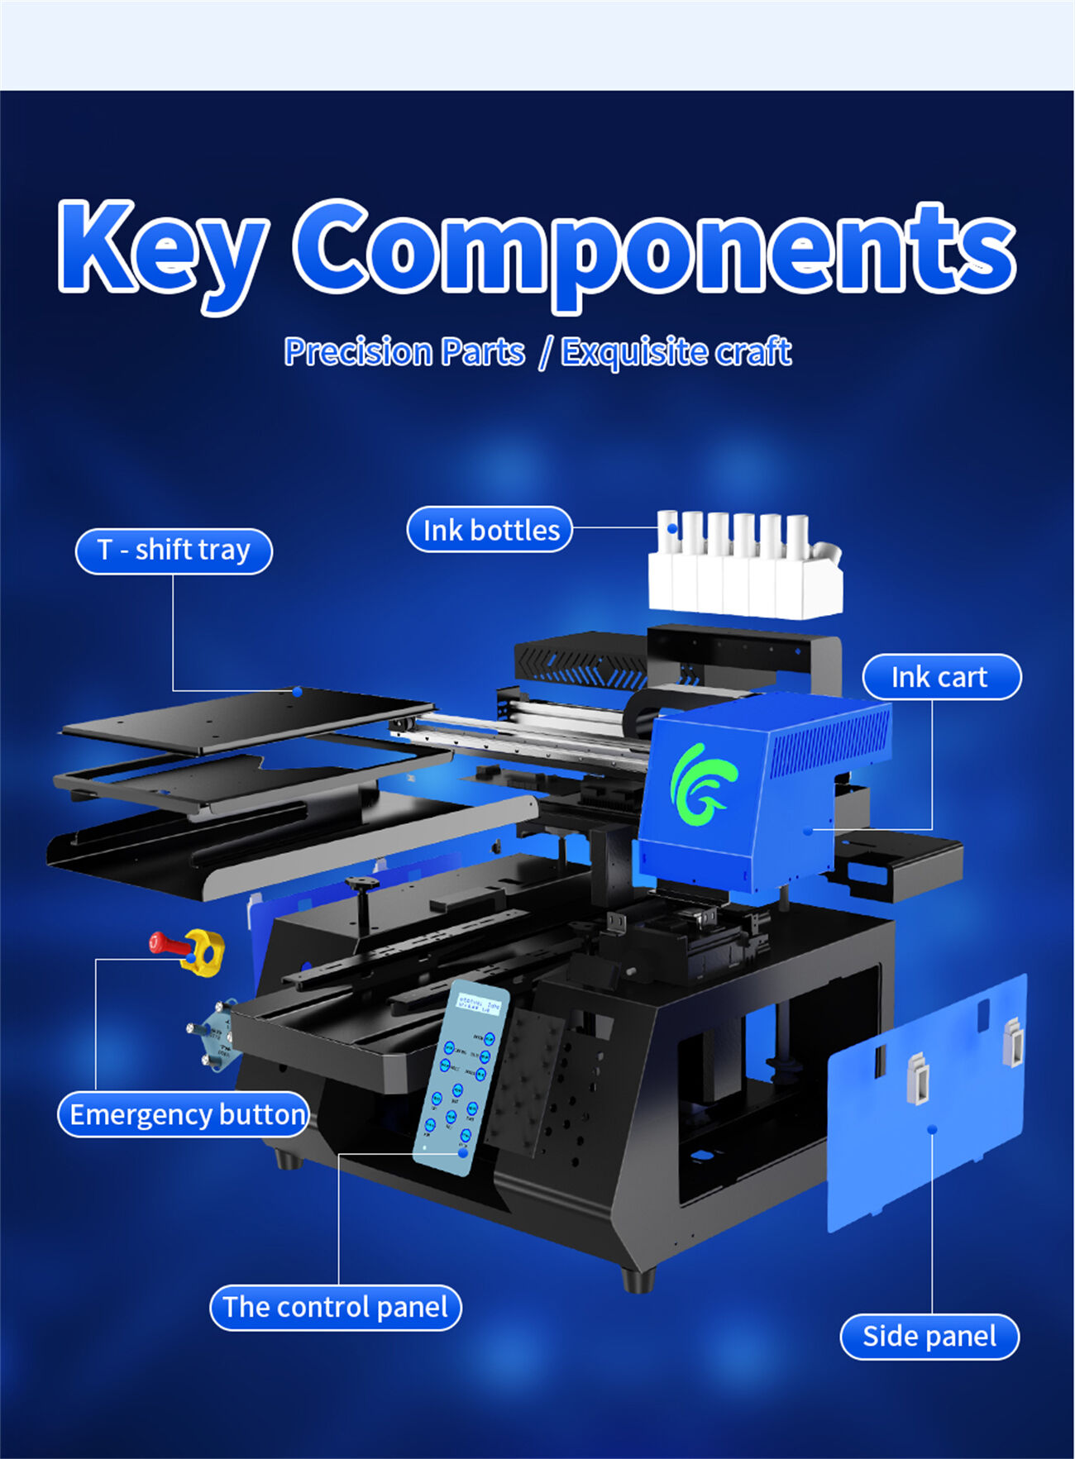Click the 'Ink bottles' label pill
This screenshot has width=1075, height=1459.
[x=490, y=530]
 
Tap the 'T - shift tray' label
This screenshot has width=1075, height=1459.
[x=174, y=551]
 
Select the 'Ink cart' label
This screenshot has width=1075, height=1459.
[x=941, y=677]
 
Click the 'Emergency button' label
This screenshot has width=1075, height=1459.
[x=184, y=1114]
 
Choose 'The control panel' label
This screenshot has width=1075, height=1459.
[x=336, y=1308]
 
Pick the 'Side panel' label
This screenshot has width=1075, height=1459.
[x=929, y=1337]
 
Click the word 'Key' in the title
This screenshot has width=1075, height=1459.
[x=161, y=248]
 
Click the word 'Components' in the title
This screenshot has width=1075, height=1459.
[x=653, y=248]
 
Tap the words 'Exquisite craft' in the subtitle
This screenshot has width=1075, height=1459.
[x=676, y=352]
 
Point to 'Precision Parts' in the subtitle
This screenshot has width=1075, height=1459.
[x=404, y=352]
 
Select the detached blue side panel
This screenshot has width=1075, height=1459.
[x=926, y=1108]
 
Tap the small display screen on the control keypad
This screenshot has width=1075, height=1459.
[x=480, y=1005]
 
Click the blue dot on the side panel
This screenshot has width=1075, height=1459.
[x=932, y=1128]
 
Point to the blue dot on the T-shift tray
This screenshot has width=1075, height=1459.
[x=297, y=691]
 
